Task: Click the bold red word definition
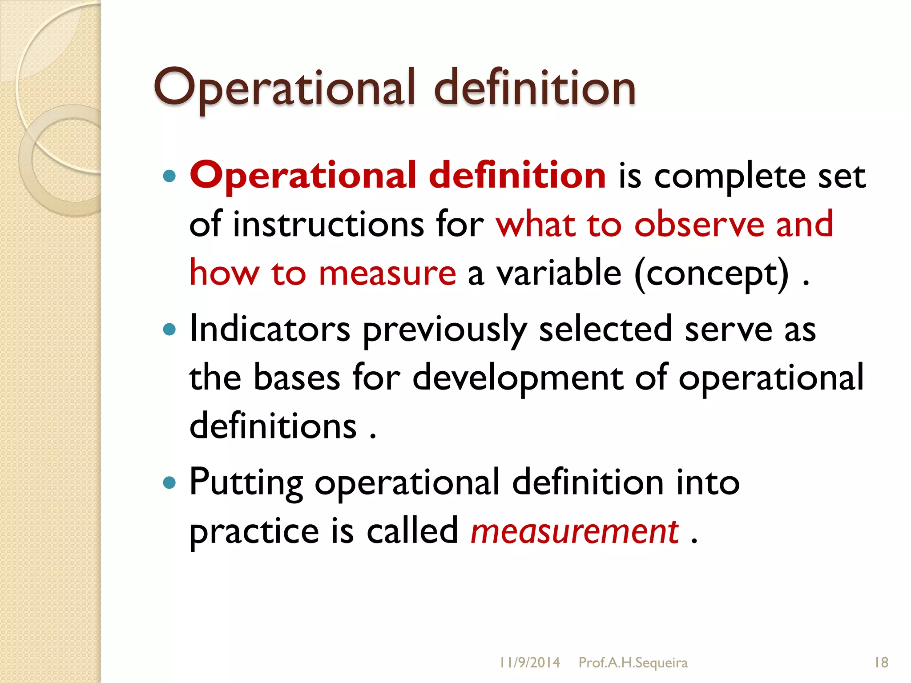pos(517,175)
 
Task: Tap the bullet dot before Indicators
pos(169,329)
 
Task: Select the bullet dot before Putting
pos(169,482)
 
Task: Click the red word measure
pos(387,273)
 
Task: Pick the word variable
pos(559,273)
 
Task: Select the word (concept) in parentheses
pos(711,274)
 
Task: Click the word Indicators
pos(270,329)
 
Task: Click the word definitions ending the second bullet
pos(273,426)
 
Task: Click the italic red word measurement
pos(574,532)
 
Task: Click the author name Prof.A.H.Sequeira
pos(633,663)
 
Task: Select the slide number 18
pos(881,663)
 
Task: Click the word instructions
pos(328,224)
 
